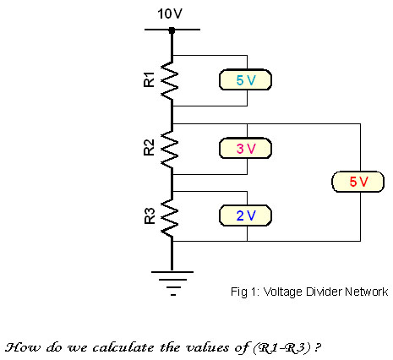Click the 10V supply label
coord(170,14)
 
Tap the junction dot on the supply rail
coord(172,30)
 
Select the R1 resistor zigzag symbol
coord(169,80)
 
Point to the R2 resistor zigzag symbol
coord(169,150)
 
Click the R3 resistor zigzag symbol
coord(169,217)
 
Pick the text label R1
coord(150,79)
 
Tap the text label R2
coord(150,147)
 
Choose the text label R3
coord(150,215)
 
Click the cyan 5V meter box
coord(245,79)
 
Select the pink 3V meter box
coord(245,148)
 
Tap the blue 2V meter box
coord(245,215)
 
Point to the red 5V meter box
coord(358,182)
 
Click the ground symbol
coord(172,283)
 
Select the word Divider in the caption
coord(324,292)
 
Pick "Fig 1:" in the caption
coord(245,292)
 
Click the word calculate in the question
coord(123,347)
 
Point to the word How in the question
coord(23,347)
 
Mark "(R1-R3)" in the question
coord(281,348)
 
